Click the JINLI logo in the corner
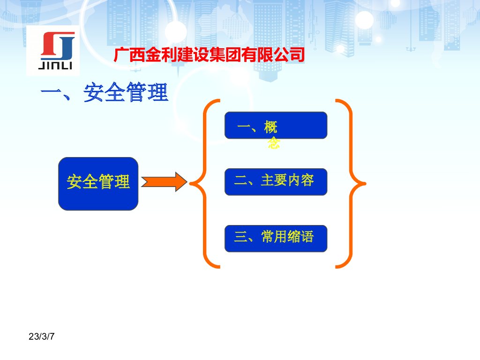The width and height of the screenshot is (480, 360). [x=52, y=50]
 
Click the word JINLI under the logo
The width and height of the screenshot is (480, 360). [x=55, y=66]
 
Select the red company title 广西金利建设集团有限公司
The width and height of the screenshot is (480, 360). [x=209, y=55]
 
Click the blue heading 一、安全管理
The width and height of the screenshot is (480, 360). [x=104, y=92]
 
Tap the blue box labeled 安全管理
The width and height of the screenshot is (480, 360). [x=98, y=183]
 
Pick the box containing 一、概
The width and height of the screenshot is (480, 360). [x=276, y=125]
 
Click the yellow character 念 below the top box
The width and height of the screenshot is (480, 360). [x=274, y=143]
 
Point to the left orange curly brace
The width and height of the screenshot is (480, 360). [x=204, y=183]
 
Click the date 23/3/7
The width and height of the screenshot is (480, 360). [x=42, y=337]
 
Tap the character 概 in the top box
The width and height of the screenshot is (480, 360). [x=271, y=127]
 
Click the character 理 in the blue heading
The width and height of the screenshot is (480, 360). [x=157, y=92]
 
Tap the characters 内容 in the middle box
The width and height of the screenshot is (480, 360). [x=300, y=180]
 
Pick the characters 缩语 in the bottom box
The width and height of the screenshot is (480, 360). [x=300, y=237]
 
